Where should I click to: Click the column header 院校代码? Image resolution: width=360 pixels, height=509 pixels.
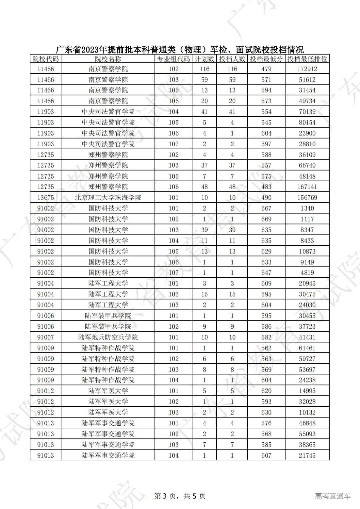45,59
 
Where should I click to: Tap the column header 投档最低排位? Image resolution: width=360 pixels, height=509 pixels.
307,59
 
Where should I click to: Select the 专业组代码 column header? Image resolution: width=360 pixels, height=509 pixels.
173,59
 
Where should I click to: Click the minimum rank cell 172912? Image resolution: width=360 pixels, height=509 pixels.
307,69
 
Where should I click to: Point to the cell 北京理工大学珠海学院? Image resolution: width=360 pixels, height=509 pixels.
108,198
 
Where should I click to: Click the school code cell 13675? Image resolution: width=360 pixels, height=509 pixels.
45,198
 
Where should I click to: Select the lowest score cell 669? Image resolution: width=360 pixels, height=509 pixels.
266,219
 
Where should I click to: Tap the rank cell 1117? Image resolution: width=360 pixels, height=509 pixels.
307,219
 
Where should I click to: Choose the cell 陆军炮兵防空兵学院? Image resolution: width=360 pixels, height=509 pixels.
108,337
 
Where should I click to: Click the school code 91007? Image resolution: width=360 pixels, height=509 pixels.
45,337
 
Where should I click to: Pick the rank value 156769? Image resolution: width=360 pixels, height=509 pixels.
307,198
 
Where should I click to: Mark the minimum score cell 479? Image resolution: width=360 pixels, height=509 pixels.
266,69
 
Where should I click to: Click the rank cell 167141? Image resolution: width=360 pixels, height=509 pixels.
307,187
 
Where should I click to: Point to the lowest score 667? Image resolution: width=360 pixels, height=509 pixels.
266,208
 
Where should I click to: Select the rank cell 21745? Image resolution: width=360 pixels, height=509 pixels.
307,455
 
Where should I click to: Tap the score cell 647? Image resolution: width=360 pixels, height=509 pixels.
266,272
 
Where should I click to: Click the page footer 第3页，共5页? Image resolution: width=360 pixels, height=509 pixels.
180,496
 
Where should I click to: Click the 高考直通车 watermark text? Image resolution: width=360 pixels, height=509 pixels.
333,496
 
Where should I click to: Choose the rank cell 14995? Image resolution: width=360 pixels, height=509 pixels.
307,391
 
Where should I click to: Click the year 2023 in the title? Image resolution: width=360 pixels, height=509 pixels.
89,50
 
